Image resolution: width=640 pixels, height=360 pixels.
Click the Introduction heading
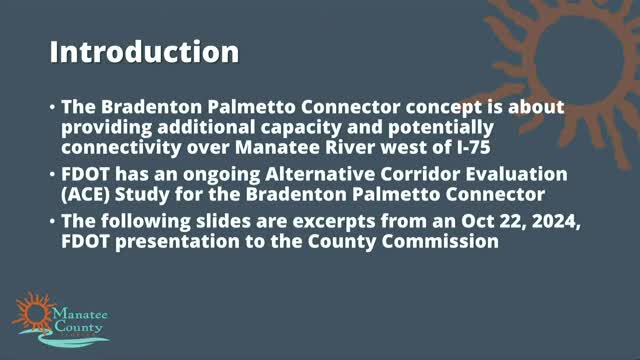144,51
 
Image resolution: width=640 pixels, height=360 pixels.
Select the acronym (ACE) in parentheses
85,195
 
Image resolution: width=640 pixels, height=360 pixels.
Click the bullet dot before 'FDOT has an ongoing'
53,174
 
